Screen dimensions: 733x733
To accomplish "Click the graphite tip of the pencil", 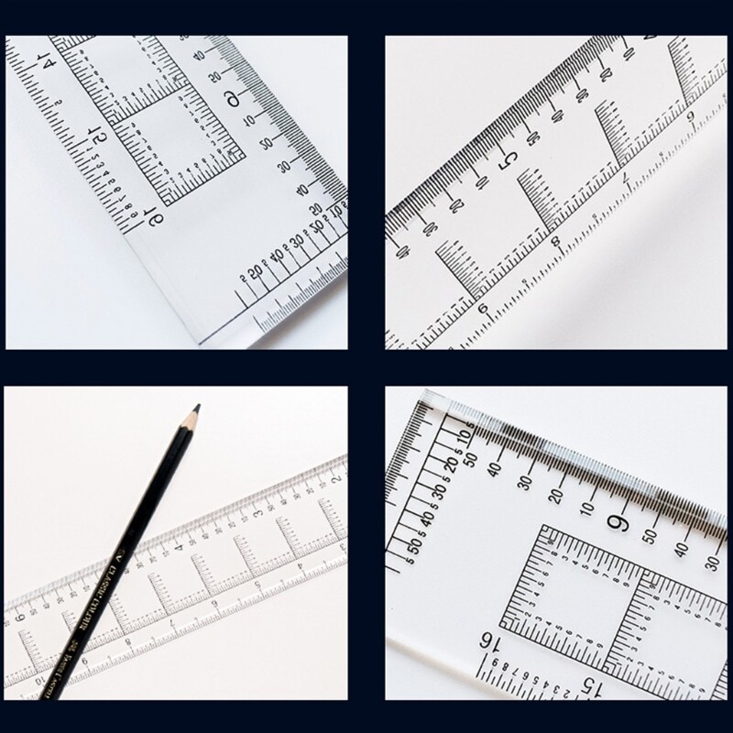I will [x=196, y=409].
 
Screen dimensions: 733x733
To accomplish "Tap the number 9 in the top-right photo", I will [x=690, y=115].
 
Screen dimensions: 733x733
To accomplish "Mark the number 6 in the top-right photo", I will [x=484, y=308].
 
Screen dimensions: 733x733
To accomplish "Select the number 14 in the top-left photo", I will [x=40, y=64].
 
